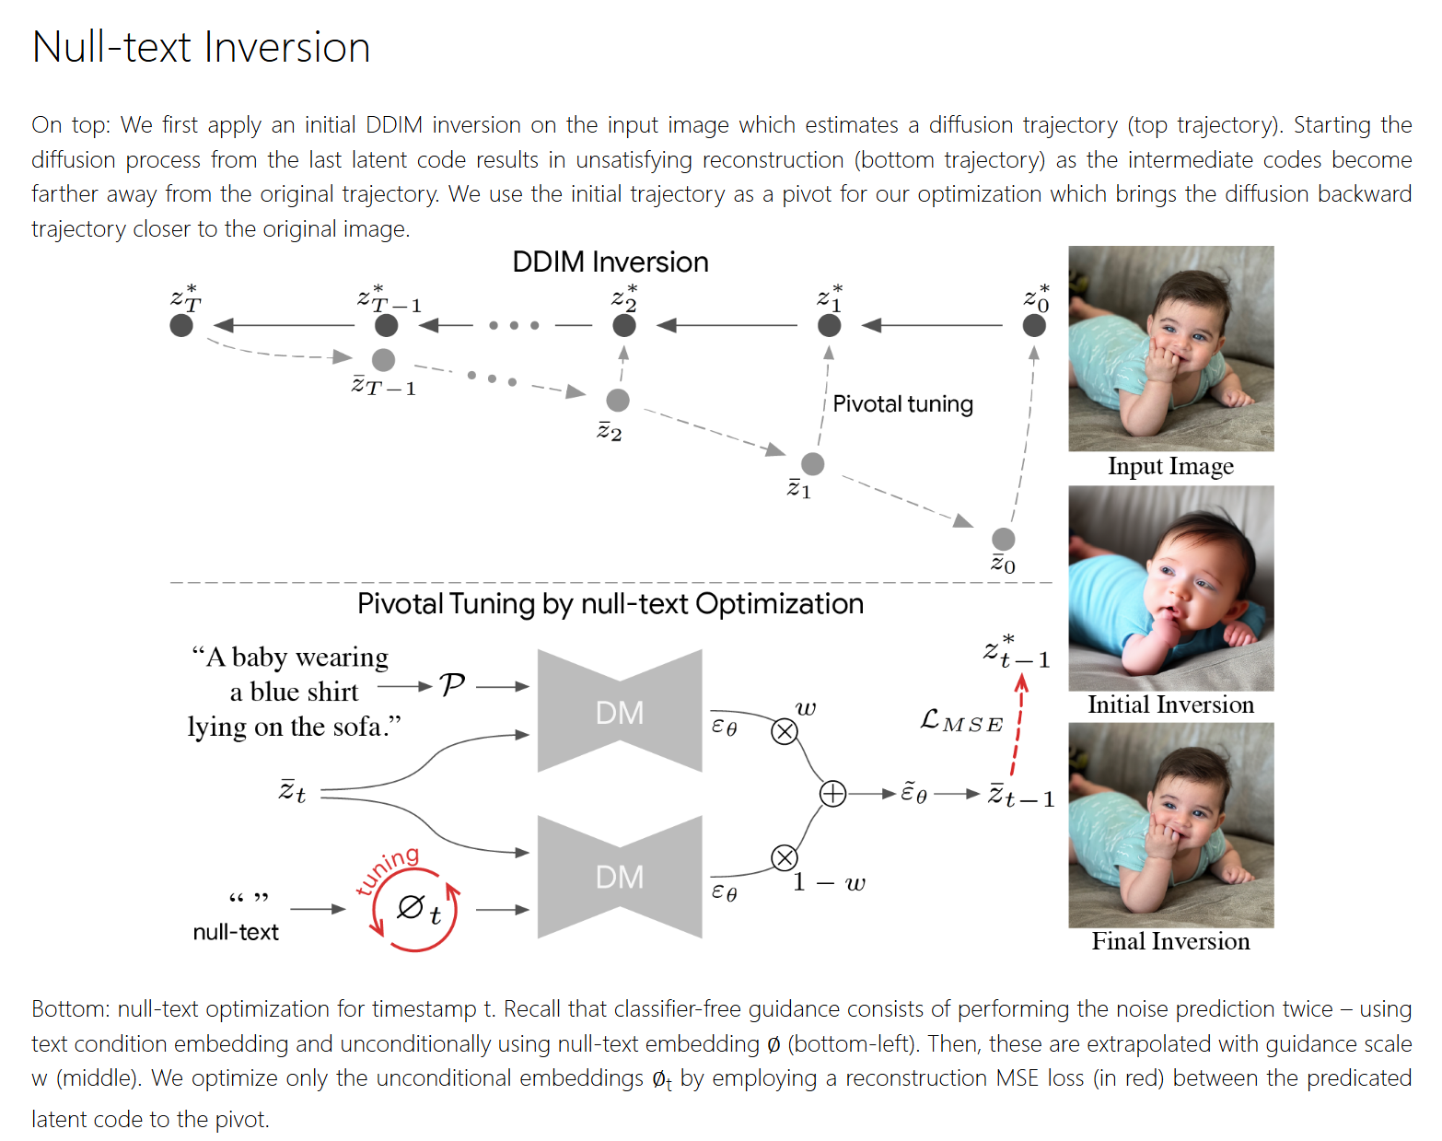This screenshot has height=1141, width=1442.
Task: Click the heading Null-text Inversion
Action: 201,48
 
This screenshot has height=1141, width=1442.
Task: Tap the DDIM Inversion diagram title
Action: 610,262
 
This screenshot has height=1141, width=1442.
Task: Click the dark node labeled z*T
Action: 181,325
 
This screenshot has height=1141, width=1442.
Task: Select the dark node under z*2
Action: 624,325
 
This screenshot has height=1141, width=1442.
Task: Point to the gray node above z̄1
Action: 812,463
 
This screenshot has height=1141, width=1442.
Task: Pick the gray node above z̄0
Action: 1003,539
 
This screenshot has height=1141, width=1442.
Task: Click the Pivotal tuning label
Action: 902,404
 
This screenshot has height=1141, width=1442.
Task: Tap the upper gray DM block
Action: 620,711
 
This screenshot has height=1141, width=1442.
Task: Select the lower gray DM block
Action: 620,877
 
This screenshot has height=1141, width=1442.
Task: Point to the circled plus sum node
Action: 832,794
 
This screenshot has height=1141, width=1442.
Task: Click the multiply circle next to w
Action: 785,732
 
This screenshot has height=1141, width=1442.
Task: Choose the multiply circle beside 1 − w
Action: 785,858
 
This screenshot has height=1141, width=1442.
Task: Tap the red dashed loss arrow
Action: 1018,728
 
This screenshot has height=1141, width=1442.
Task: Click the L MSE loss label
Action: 960,721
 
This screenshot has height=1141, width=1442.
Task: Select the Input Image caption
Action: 1170,466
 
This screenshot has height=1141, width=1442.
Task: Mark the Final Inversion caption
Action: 1170,941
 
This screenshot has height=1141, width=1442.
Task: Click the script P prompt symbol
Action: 452,685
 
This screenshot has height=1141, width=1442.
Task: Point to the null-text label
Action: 236,932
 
